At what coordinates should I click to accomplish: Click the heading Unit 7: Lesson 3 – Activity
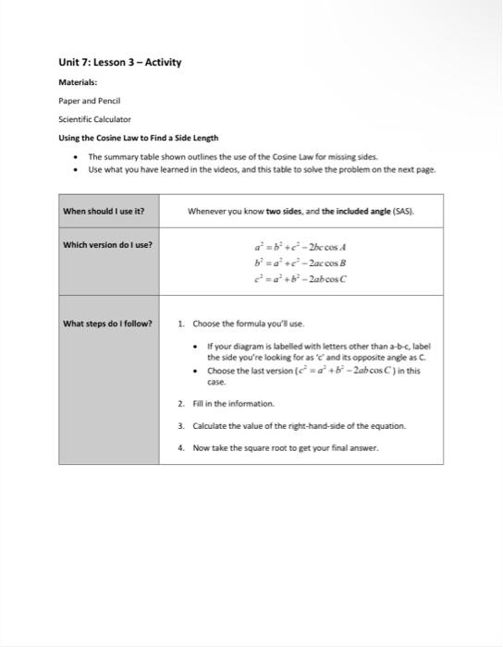point(120,63)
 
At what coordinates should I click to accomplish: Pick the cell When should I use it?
point(104,211)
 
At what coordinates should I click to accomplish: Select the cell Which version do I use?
point(107,245)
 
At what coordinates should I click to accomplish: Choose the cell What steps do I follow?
point(107,323)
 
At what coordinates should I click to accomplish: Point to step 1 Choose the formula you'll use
point(247,323)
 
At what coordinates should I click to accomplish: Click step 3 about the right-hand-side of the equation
point(299,425)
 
